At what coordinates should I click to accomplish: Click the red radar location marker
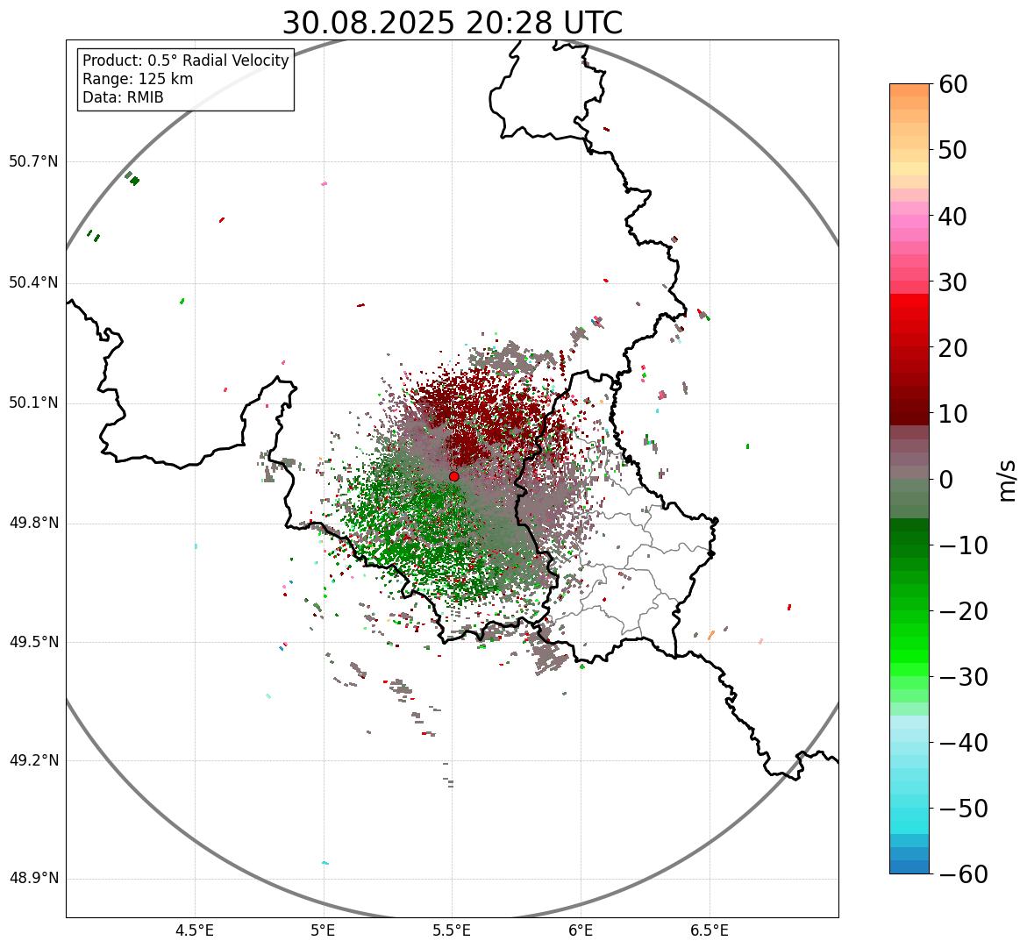click(454, 476)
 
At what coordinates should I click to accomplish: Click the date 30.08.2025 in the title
click(368, 23)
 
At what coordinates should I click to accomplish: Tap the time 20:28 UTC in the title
click(544, 23)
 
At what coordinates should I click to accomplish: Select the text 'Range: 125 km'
click(138, 79)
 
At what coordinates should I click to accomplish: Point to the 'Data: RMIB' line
click(123, 97)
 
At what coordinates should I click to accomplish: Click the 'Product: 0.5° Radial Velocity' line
click(185, 61)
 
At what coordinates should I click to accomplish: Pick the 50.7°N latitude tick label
click(33, 161)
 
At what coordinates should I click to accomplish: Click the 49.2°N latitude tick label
click(33, 760)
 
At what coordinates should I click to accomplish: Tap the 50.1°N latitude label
click(33, 403)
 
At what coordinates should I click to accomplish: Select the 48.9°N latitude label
click(33, 879)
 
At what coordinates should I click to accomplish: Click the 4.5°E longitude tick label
click(195, 930)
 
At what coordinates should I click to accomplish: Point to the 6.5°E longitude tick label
click(709, 930)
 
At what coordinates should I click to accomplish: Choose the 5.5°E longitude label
click(452, 930)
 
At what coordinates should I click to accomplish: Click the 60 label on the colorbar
click(952, 84)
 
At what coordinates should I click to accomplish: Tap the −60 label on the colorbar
click(963, 874)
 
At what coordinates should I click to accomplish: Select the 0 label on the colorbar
click(945, 480)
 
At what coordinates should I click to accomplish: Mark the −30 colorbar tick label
click(963, 677)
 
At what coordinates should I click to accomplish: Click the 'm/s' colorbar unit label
click(1007, 480)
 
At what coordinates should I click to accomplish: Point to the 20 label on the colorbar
click(952, 348)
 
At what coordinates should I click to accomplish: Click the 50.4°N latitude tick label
click(33, 282)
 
